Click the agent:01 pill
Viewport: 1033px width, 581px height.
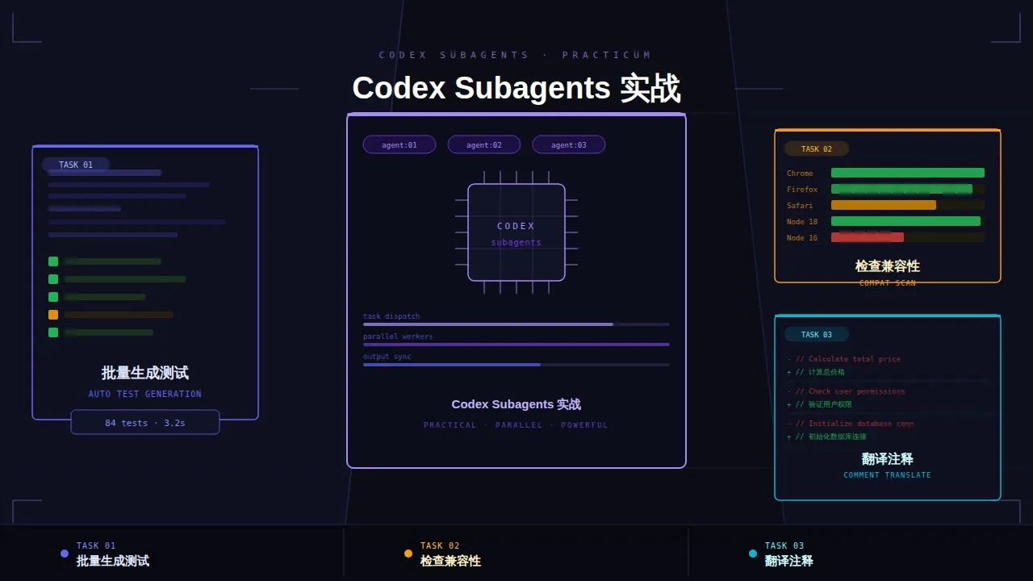click(x=399, y=144)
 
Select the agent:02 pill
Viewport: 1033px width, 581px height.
click(x=484, y=144)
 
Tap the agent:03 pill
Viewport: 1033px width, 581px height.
click(x=569, y=144)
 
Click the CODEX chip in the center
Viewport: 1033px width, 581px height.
click(x=516, y=232)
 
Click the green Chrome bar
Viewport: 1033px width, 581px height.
click(x=908, y=173)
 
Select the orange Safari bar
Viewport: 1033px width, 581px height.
click(x=884, y=205)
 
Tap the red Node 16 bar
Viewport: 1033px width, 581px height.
click(x=868, y=237)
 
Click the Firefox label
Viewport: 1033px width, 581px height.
click(x=802, y=190)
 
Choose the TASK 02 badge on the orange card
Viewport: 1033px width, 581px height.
click(x=817, y=148)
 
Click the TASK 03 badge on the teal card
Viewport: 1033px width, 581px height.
click(x=817, y=334)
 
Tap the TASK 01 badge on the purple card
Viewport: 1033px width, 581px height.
click(x=76, y=165)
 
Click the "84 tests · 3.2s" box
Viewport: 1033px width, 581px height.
click(x=145, y=422)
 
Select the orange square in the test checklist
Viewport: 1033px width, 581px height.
click(x=53, y=315)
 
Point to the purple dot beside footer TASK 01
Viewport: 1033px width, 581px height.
click(x=65, y=554)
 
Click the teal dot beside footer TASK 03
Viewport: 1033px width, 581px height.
click(x=753, y=554)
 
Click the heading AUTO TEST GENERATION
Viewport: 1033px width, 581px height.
click(x=145, y=394)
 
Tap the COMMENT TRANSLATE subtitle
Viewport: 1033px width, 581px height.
click(x=888, y=475)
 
